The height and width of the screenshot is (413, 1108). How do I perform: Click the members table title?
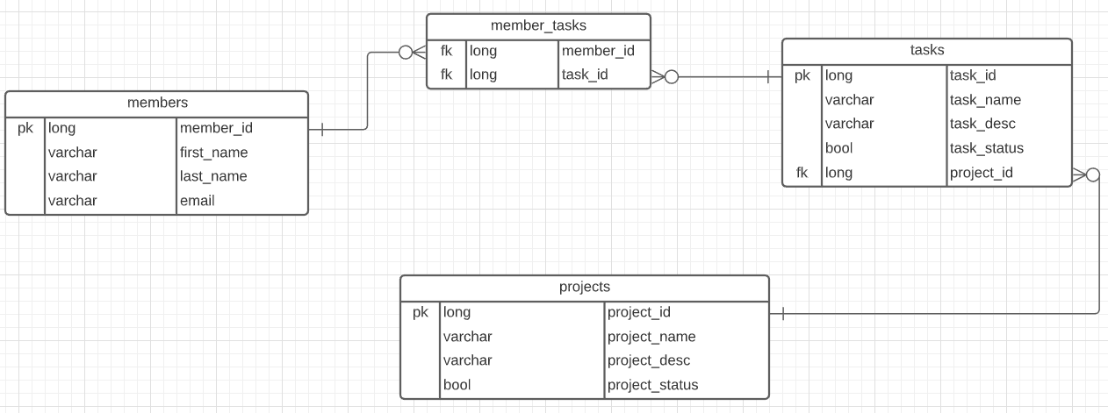coord(157,103)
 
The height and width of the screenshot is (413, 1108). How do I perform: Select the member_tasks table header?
coord(538,25)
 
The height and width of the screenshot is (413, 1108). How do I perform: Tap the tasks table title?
coord(926,50)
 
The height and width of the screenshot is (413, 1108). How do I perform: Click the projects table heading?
coord(584,287)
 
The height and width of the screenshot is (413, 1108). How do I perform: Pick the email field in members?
coord(197,201)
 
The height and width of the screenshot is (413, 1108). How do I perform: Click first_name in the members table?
coord(213,153)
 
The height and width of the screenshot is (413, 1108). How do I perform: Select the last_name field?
coord(213,176)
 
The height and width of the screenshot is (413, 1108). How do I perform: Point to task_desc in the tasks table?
coord(982,124)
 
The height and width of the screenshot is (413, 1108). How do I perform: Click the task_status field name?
coord(986,148)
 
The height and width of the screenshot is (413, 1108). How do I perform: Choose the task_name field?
coord(985,100)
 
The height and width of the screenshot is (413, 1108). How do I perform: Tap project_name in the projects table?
coord(651,337)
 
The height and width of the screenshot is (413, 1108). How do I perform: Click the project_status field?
coord(652,385)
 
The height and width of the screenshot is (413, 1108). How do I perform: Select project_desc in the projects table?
coord(648,360)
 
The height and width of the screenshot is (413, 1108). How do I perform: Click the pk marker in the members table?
coord(25,128)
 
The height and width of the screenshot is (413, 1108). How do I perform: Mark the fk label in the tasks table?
coord(802,173)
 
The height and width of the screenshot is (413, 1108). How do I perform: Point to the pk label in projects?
coord(421,312)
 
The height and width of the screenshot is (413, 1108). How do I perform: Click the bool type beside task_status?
coord(838,148)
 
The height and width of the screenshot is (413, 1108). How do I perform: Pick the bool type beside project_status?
coord(457,385)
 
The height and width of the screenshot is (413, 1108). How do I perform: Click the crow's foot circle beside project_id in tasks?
coord(1092,174)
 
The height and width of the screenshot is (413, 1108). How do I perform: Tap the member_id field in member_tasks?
coord(597,51)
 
